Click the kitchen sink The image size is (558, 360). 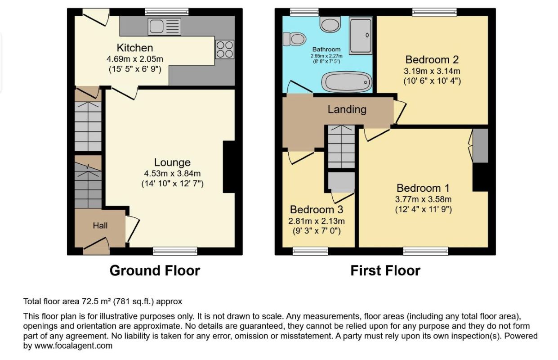[x=165, y=27]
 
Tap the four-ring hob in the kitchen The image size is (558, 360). [x=225, y=49]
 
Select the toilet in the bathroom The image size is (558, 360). [x=295, y=39]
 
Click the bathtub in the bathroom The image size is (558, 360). [x=347, y=82]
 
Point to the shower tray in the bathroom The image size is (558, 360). [x=361, y=36]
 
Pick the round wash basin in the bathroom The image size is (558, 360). [x=330, y=24]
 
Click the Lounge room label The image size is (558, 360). [x=172, y=162]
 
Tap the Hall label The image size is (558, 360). [x=100, y=225]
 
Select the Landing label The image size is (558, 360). [x=347, y=109]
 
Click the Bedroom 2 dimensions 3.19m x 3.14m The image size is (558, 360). [x=432, y=71]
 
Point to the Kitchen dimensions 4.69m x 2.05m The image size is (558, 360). [x=135, y=59]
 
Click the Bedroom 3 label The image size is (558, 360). [x=317, y=210]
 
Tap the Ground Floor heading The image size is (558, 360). [x=155, y=271]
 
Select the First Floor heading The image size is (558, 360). [x=385, y=271]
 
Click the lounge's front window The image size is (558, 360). [x=175, y=251]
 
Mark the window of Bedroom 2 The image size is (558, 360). [x=434, y=12]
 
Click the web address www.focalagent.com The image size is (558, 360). [x=73, y=346]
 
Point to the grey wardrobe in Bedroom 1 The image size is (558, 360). [x=481, y=146]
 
